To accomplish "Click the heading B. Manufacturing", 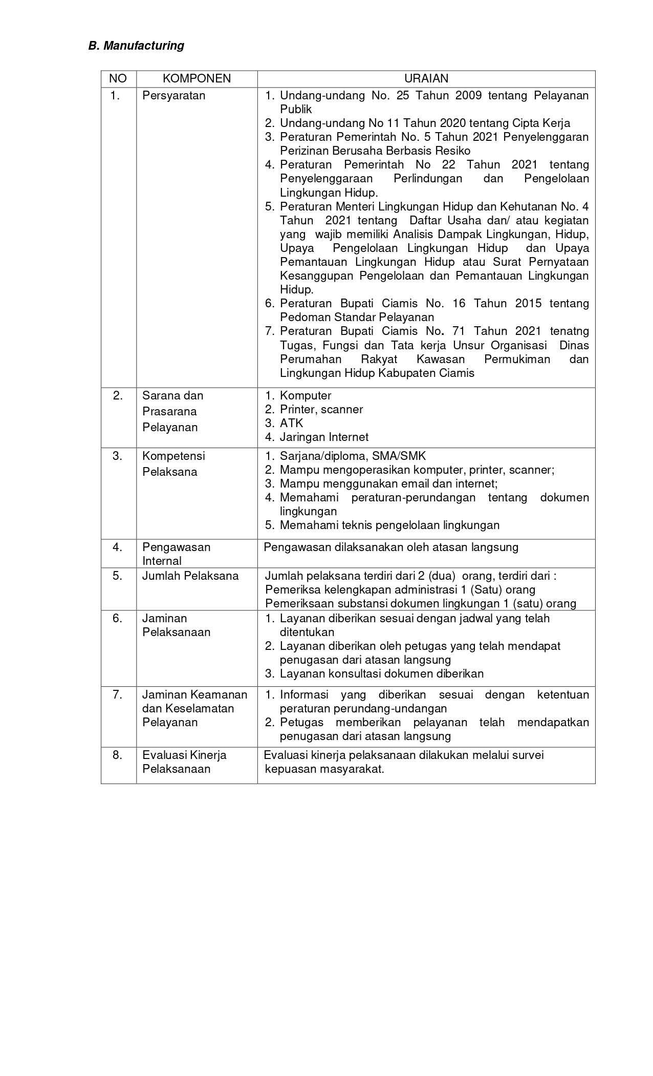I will (x=136, y=46).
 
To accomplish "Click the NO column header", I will (x=118, y=78).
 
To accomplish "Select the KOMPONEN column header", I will (x=197, y=78).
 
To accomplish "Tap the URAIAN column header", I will (x=426, y=78).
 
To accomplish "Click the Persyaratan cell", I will (x=174, y=96).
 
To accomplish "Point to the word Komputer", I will (x=306, y=395).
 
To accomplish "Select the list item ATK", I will (x=291, y=423).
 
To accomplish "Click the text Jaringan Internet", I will (x=324, y=437).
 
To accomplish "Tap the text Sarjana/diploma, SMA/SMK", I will (x=353, y=456).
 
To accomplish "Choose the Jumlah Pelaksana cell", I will (x=190, y=576).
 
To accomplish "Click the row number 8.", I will (x=118, y=755).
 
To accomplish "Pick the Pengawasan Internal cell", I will (x=176, y=554).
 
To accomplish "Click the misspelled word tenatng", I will (x=569, y=331).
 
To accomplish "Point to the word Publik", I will (x=296, y=109).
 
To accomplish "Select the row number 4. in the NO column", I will (x=118, y=547).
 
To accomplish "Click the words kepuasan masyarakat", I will (x=324, y=769).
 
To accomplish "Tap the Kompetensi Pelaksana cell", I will (x=173, y=463).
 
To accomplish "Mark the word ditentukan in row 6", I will (x=307, y=632).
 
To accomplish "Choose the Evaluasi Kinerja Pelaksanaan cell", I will (x=184, y=762).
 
